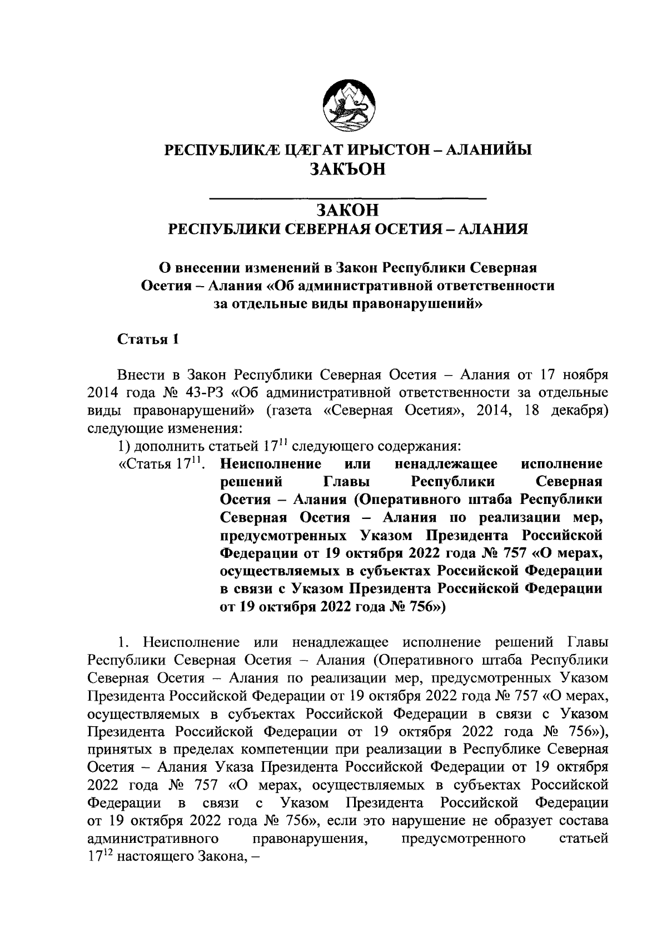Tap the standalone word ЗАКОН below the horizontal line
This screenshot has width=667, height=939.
tap(347, 210)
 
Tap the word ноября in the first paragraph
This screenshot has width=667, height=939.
tap(585, 373)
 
